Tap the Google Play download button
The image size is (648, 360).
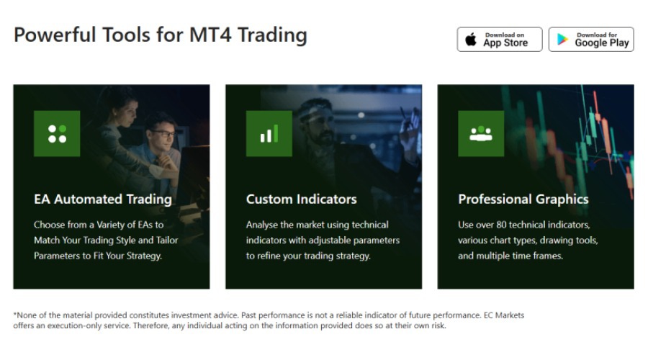[591, 40]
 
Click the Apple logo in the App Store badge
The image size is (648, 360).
[471, 40]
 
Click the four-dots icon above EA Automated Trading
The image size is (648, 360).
[57, 133]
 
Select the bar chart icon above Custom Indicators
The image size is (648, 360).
[269, 133]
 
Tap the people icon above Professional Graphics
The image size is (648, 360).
[481, 133]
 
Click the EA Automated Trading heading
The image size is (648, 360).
[103, 199]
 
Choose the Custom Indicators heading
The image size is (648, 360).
[301, 199]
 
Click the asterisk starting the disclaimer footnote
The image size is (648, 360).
[15, 315]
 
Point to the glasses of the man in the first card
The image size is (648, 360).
[162, 134]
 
